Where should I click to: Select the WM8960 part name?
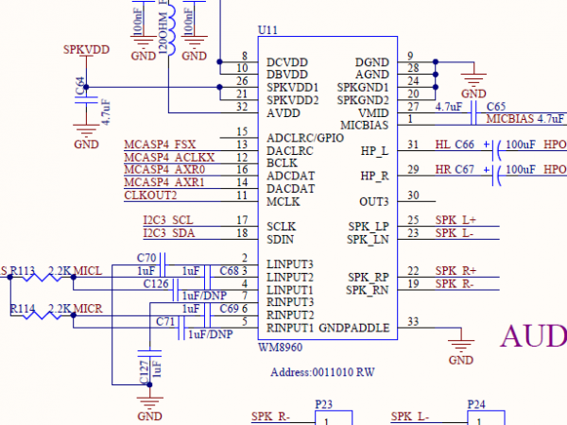pos(280,348)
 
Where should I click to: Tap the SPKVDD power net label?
pos(85,48)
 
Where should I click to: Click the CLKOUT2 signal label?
pos(150,195)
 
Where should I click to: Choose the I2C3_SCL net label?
pos(167,220)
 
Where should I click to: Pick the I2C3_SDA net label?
pos(168,233)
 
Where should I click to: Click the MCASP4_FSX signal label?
pos(160,144)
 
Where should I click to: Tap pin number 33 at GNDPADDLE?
pos(413,322)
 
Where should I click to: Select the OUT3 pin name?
pos(373,201)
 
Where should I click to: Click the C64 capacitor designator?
pos(79,86)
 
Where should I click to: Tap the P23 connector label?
pos(325,403)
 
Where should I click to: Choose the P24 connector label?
pos(477,403)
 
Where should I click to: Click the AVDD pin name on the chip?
pos(283,112)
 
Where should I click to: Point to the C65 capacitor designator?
pos(496,107)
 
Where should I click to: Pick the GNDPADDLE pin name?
pos(354,329)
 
